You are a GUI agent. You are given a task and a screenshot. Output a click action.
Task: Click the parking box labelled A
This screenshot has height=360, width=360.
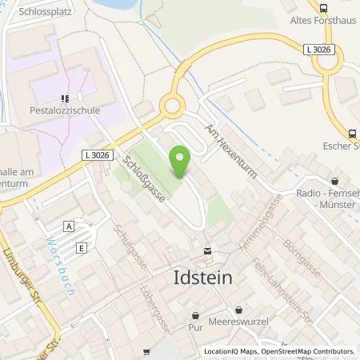pos(71,227)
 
